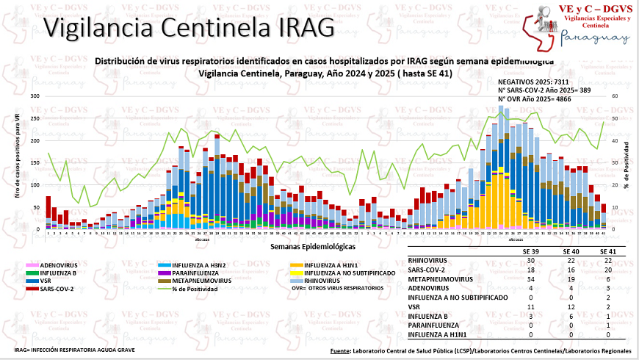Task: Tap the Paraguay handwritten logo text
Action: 593,38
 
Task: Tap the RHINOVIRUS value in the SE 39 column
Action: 530,260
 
